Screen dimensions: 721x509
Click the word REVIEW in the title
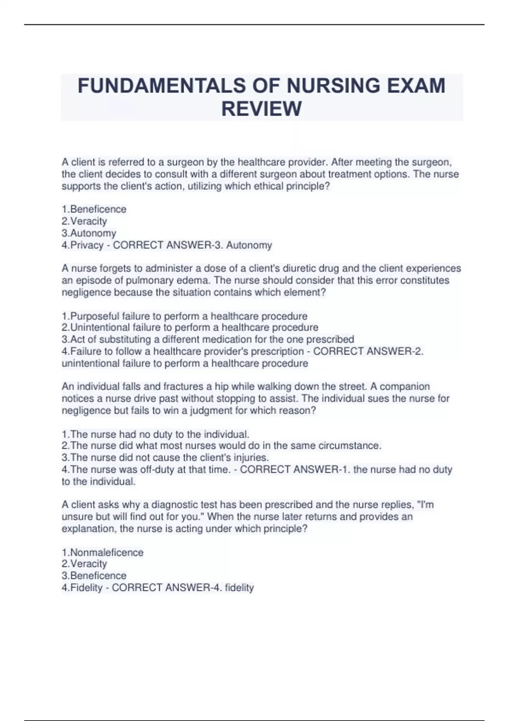click(x=261, y=109)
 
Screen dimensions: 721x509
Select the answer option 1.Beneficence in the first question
click(x=94, y=209)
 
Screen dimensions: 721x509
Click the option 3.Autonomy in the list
click(x=89, y=233)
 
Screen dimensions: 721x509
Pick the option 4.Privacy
click(x=83, y=245)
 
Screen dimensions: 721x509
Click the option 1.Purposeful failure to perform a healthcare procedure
click(x=185, y=316)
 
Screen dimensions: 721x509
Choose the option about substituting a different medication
click(x=208, y=339)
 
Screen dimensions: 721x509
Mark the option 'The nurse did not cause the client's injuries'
click(x=165, y=458)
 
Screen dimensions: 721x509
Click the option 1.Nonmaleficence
click(x=103, y=552)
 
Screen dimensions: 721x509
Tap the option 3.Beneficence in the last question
click(x=94, y=576)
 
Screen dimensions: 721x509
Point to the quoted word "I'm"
click(x=425, y=505)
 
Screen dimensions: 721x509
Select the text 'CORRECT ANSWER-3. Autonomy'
click(x=193, y=245)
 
